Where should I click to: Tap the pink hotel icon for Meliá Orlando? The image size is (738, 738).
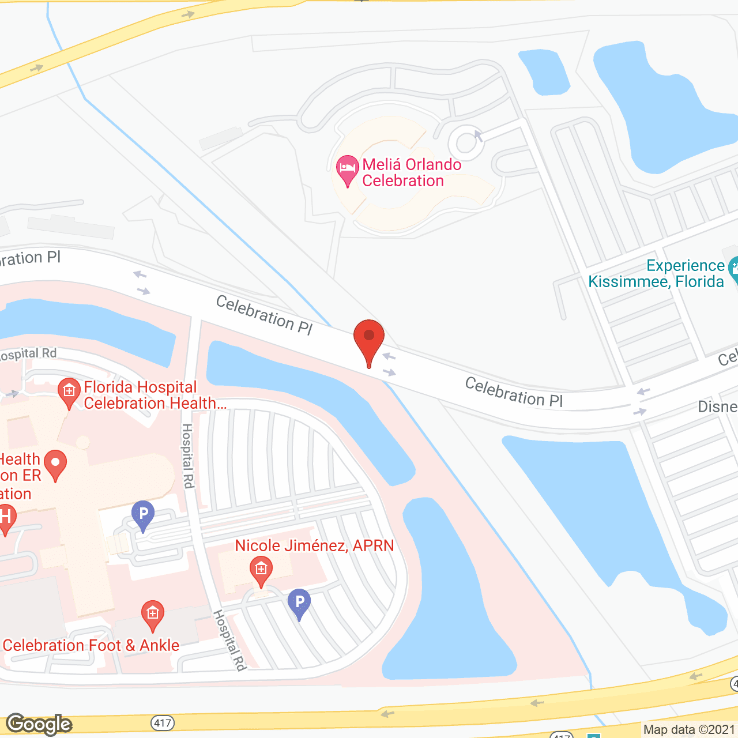(x=347, y=169)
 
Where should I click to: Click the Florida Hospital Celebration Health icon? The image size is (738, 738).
(x=69, y=391)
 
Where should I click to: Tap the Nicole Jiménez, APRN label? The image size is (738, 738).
(x=314, y=545)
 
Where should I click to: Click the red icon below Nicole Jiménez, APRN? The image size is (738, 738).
(x=261, y=570)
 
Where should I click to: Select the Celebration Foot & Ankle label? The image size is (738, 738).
(x=91, y=645)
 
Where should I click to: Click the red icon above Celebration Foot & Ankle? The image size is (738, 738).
(x=152, y=614)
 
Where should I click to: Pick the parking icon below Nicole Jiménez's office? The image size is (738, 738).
(x=299, y=603)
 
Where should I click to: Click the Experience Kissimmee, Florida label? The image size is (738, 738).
(x=656, y=273)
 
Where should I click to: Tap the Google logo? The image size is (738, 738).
(x=39, y=724)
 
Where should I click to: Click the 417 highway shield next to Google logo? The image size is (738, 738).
(x=163, y=723)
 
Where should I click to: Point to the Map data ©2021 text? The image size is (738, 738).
(x=689, y=730)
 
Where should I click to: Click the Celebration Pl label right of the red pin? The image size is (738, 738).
(x=514, y=392)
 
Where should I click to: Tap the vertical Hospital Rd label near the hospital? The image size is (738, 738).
(x=187, y=455)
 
